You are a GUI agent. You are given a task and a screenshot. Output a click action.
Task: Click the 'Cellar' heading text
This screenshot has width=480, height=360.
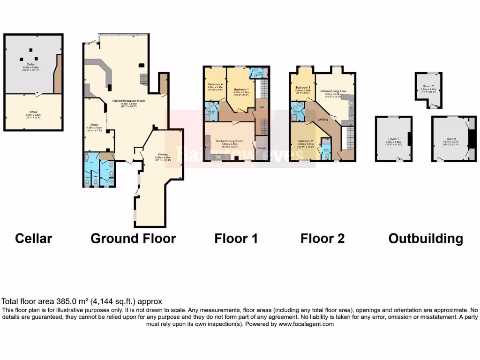[x=33, y=239]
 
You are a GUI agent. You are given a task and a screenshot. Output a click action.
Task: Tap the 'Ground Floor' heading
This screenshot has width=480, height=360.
[x=133, y=239]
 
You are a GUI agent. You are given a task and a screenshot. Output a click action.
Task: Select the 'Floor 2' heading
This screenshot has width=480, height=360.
[x=322, y=239]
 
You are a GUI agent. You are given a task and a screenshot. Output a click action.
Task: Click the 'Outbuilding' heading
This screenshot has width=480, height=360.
[x=426, y=239]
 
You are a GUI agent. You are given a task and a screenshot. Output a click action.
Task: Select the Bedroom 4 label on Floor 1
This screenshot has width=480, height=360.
[x=215, y=84]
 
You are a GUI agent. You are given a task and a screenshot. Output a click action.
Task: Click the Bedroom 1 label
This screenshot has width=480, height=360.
[x=241, y=89]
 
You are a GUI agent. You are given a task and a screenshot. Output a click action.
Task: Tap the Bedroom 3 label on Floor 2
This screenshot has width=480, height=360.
[x=303, y=88]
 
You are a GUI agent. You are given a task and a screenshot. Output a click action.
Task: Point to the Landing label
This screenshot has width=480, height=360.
[x=322, y=119]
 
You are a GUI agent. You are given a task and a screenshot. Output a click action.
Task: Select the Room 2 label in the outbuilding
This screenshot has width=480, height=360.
[x=428, y=86]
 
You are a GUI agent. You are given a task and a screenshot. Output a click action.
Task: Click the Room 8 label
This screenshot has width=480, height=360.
[x=450, y=139]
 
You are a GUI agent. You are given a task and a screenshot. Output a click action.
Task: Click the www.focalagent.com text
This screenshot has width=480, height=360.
[x=306, y=324]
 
